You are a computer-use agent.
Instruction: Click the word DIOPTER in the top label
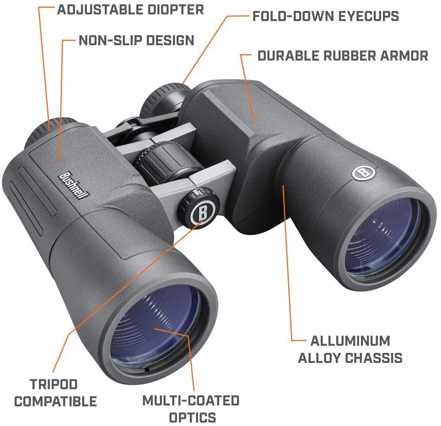(x=176, y=10)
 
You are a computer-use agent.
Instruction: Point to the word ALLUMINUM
(x=350, y=341)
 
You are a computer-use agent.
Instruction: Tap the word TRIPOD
(x=54, y=384)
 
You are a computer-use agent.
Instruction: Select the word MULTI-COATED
(x=191, y=401)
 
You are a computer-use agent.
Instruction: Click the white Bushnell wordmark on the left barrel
(x=73, y=185)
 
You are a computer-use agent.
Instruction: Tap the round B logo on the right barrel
(x=364, y=172)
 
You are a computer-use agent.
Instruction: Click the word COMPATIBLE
(x=56, y=401)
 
